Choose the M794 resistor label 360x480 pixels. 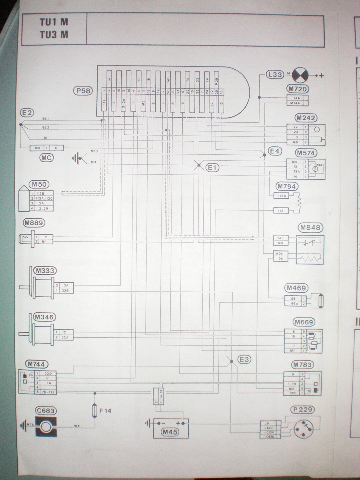[287, 187]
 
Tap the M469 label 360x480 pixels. [296, 288]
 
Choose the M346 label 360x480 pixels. [45, 317]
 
